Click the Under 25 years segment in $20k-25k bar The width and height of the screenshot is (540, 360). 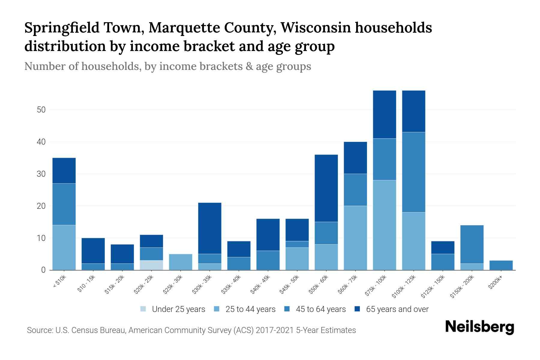tap(151, 265)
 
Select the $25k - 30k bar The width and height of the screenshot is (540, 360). tap(181, 262)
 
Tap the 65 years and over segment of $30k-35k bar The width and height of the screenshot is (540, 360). tap(210, 228)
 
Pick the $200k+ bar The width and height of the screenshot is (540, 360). tap(501, 265)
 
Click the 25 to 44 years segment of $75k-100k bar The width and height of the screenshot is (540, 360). tap(384, 225)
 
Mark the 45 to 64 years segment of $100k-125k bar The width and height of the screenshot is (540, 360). tap(413, 172)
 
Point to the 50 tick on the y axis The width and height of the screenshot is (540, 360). tap(41, 110)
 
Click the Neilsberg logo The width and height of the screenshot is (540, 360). tap(480, 327)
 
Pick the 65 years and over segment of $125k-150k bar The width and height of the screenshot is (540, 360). tap(442, 247)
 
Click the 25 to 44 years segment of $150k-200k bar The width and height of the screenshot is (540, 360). tap(472, 267)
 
